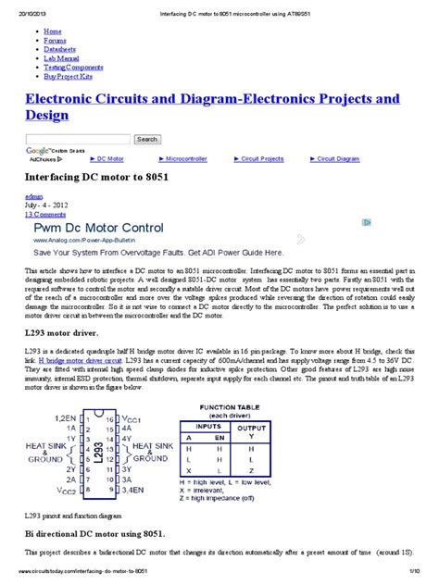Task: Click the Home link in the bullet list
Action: coord(52,31)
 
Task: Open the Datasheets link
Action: coord(60,49)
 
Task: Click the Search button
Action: coord(147,139)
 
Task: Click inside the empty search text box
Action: coord(78,139)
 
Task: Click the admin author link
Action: coord(33,197)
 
